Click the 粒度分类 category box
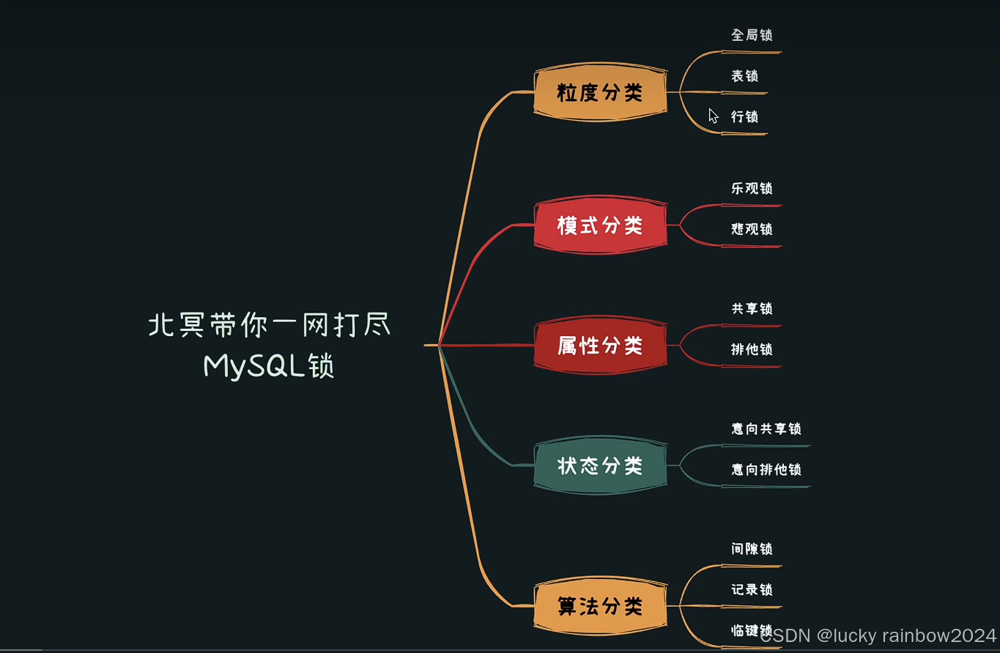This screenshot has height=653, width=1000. tap(600, 92)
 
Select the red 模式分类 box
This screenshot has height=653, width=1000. tap(600, 225)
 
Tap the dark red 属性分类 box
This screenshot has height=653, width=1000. tap(600, 345)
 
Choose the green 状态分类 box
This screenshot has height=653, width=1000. tap(600, 466)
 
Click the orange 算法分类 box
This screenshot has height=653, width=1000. tap(600, 606)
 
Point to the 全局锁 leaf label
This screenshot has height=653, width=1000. tap(752, 35)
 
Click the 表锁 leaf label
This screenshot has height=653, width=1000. tap(744, 76)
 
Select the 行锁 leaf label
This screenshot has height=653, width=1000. tap(744, 117)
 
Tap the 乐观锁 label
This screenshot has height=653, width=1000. tap(752, 188)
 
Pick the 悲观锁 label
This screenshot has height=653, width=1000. tap(752, 229)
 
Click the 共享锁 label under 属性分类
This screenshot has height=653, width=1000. tap(752, 309)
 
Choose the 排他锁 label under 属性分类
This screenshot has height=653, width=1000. tap(752, 350)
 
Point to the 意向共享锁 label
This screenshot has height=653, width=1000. tap(766, 429)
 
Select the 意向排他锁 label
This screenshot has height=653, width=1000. tap(766, 470)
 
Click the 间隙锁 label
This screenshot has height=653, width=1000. tap(752, 549)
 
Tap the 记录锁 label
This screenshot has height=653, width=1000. tap(752, 590)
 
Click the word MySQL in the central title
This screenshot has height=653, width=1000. tap(254, 366)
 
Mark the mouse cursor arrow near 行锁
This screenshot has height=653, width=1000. tap(713, 115)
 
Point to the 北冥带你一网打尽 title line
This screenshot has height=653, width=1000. tap(269, 326)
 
